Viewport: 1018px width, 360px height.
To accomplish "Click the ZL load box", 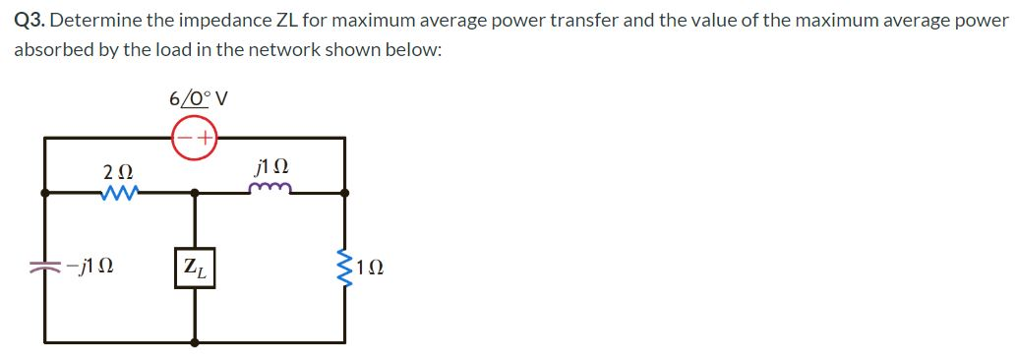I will (x=196, y=268).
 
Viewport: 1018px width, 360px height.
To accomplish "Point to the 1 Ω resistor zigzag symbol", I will (x=345, y=265).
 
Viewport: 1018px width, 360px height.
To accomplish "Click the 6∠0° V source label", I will (x=198, y=98).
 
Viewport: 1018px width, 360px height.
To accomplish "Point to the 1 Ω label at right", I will (x=370, y=267).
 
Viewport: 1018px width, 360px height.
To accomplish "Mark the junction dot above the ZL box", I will (x=195, y=194).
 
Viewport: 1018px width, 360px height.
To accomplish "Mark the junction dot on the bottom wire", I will (x=195, y=342).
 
